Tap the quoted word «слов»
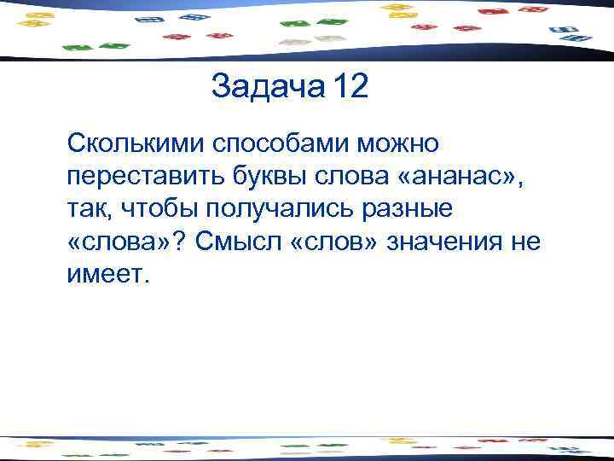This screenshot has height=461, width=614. click(x=336, y=242)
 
